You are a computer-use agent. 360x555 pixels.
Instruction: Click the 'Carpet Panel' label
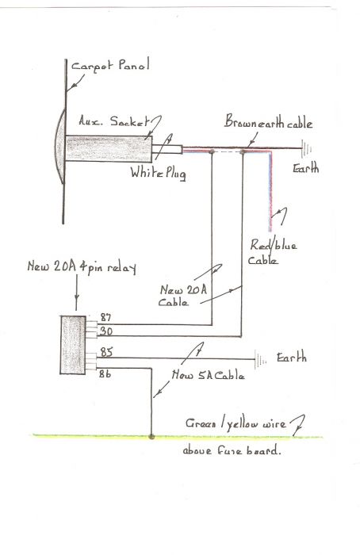pos(110,66)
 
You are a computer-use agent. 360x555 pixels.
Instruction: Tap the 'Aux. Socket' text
pos(114,121)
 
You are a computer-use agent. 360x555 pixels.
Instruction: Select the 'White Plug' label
pos(158,173)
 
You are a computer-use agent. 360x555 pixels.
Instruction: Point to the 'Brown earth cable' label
pos(268,121)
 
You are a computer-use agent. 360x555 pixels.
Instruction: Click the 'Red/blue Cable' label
pos(273,252)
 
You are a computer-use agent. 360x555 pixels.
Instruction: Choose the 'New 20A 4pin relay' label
pos(82,267)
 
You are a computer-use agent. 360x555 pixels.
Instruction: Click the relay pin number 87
pos(105,317)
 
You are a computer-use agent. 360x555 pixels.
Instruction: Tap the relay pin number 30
pos(106,331)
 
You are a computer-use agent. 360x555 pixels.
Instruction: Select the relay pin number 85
pos(106,352)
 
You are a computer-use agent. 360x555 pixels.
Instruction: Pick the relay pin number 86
pos(105,373)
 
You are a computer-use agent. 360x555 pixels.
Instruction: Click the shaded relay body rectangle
pos(73,345)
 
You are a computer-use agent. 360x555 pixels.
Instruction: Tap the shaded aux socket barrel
pos(109,149)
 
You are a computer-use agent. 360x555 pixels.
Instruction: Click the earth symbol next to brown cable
pos(306,149)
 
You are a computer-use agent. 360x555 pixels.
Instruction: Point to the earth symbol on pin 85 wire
pos(261,359)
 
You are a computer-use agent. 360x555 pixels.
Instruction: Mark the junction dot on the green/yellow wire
pos(151,437)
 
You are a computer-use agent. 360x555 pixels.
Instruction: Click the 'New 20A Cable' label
pos(182,295)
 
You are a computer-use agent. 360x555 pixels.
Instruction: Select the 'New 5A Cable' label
pos(208,375)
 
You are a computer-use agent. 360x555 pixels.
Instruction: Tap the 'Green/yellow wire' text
pos(236,423)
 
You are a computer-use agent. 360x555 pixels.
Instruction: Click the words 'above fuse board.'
pos(232,450)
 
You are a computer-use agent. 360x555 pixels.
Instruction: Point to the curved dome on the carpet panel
pos(59,146)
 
